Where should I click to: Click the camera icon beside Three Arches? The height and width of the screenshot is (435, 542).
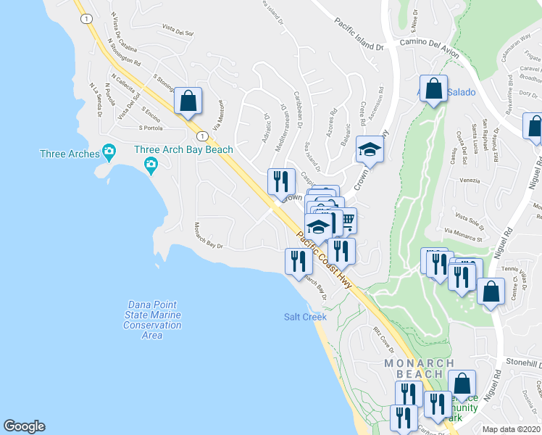coord(109,153)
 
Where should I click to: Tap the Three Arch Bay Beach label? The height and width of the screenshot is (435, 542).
coord(184,150)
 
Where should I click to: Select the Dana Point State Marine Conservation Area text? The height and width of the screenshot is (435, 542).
coord(152,320)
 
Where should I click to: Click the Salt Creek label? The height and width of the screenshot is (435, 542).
coord(304,317)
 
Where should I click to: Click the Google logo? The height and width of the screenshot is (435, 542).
coord(24,426)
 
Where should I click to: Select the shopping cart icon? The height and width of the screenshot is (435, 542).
coord(346,220)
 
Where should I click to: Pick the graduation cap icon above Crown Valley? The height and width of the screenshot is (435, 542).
coord(370,150)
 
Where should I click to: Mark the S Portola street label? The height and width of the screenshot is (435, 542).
coord(153,128)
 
